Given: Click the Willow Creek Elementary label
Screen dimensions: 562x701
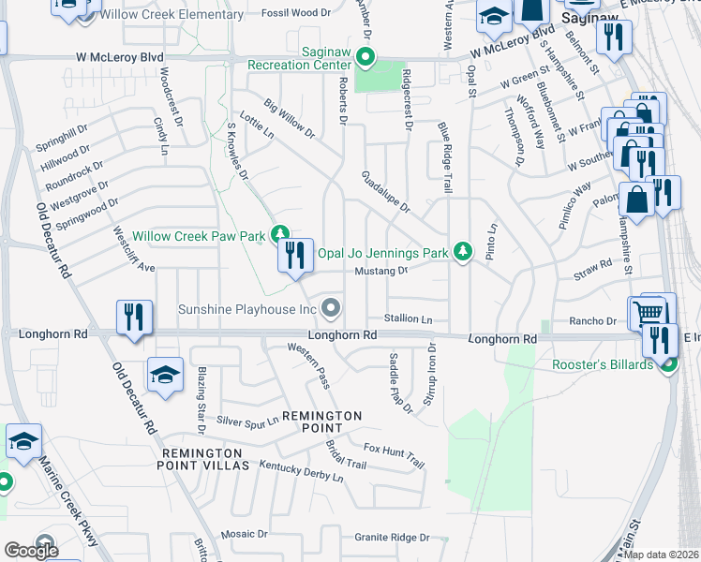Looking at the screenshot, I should (x=173, y=15).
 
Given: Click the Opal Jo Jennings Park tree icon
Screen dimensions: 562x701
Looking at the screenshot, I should (x=462, y=251).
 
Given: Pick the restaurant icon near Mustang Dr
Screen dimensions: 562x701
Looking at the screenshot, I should (x=295, y=255).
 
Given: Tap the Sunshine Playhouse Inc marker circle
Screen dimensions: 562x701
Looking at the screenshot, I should (x=330, y=307).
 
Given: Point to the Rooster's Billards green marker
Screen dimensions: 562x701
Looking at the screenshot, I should (x=668, y=364).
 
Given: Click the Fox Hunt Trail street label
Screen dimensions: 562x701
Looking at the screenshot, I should (x=395, y=455).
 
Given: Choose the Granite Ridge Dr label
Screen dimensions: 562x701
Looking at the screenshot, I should (x=391, y=538).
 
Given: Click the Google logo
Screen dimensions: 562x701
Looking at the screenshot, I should (x=31, y=551).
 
